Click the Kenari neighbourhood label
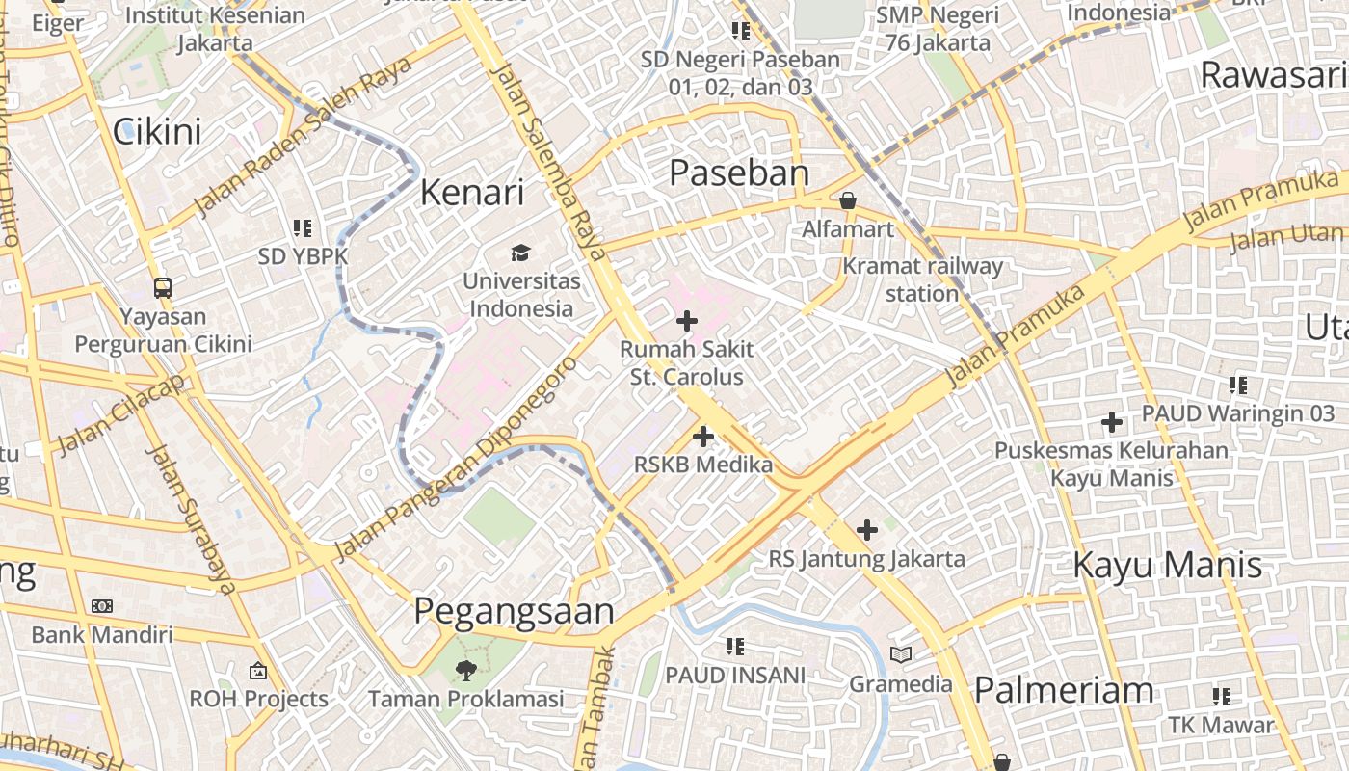tap(472, 193)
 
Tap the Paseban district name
tap(739, 173)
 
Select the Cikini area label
tap(157, 131)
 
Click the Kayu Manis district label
tap(1168, 565)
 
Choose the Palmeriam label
tap(1064, 690)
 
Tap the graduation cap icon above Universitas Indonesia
tap(520, 253)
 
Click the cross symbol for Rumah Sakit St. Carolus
tap(687, 321)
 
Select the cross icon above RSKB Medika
tap(703, 437)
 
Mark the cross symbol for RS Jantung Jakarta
tap(867, 530)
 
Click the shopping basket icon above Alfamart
tap(848, 200)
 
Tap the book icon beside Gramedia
tap(901, 655)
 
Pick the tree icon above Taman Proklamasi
tap(466, 670)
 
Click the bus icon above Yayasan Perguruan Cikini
tap(163, 287)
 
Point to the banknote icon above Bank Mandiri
tap(102, 606)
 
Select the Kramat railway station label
tap(922, 279)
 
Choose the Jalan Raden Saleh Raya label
tap(303, 136)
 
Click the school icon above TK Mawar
tap(1222, 696)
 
